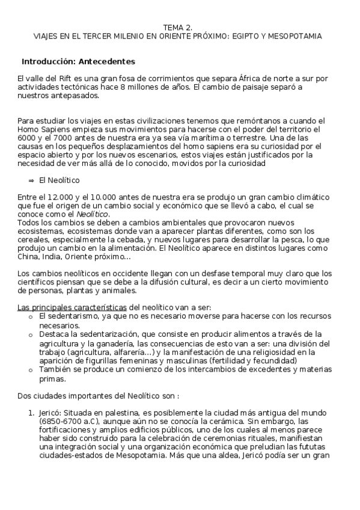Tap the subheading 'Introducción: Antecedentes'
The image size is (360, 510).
click(78, 61)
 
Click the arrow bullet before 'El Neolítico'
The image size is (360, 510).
click(31, 180)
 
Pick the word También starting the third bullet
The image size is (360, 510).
click(56, 370)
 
